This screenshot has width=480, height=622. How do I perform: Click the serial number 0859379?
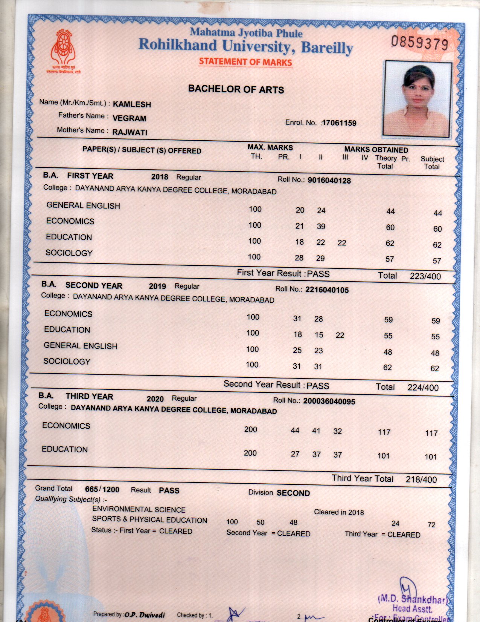(x=419, y=43)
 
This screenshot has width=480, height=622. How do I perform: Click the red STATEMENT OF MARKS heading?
(x=245, y=62)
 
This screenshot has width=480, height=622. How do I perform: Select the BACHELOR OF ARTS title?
(x=236, y=89)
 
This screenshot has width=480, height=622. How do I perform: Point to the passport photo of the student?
(x=417, y=99)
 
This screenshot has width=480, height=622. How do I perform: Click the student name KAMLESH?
(x=132, y=104)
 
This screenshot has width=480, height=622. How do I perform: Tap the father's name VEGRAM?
(x=129, y=118)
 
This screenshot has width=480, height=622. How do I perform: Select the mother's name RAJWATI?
(x=130, y=132)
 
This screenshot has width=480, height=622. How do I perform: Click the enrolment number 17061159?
(x=339, y=123)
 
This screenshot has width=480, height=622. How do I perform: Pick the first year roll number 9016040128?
(x=329, y=181)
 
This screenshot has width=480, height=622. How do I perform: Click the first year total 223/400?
(x=425, y=276)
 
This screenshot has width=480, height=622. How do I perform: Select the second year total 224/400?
(x=423, y=388)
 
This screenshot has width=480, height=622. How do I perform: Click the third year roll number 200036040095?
(x=329, y=401)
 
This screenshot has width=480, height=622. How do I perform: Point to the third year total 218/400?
(x=421, y=480)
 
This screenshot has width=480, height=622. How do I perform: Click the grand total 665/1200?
(x=102, y=490)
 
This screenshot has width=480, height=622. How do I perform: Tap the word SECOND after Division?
(x=293, y=493)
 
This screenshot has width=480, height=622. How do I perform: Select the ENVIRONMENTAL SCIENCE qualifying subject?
(x=139, y=510)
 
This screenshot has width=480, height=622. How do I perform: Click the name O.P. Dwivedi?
(x=145, y=615)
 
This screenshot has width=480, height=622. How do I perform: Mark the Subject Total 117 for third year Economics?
(x=431, y=434)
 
